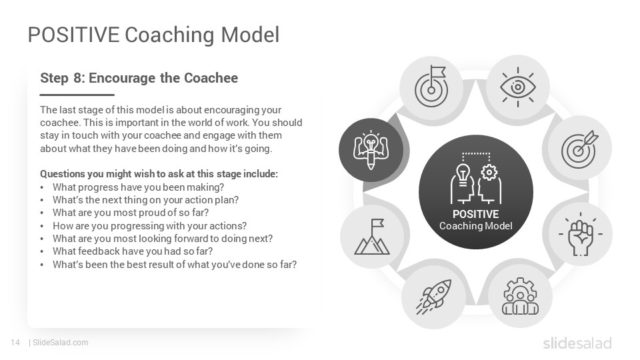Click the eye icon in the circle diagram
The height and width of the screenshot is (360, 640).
(518, 87)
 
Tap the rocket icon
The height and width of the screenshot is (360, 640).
(434, 297)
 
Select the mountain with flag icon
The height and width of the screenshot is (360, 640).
(372, 237)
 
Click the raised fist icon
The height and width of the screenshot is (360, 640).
(581, 234)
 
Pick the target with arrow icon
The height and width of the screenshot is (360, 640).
(579, 149)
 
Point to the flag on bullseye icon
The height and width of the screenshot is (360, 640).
(431, 86)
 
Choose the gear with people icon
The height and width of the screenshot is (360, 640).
(520, 296)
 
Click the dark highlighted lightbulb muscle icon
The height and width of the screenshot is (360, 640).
(371, 150)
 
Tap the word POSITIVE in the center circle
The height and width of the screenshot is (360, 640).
(475, 214)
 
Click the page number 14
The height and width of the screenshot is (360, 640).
(15, 343)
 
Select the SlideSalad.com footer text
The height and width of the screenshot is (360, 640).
(60, 343)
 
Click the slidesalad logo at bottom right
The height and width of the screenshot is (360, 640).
(577, 343)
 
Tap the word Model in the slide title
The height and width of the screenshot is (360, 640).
(250, 35)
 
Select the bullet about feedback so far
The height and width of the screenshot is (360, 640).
(133, 251)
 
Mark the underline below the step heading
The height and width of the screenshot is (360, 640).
(77, 95)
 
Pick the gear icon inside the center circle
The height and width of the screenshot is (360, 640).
(489, 173)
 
